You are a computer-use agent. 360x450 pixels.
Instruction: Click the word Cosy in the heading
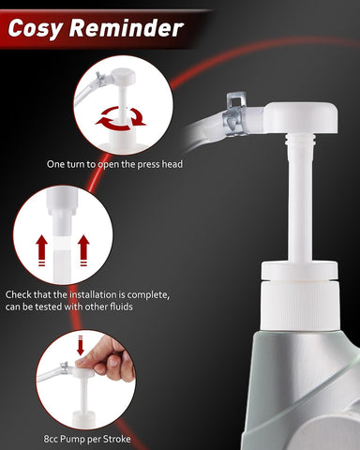[x=35, y=29]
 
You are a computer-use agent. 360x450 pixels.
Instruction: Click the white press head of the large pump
[x=300, y=118]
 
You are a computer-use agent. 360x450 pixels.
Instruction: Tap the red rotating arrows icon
[x=121, y=119]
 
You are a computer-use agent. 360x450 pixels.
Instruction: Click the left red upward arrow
[x=41, y=250]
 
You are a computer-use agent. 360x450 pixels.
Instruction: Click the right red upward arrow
[x=83, y=250]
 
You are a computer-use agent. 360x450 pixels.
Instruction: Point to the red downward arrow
[x=81, y=345]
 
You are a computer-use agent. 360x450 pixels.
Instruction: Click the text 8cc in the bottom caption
[x=51, y=439]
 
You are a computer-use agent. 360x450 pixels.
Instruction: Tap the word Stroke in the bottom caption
[x=116, y=439]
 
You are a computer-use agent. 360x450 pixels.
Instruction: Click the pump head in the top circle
[x=124, y=76]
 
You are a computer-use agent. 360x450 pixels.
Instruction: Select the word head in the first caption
[x=172, y=164]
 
